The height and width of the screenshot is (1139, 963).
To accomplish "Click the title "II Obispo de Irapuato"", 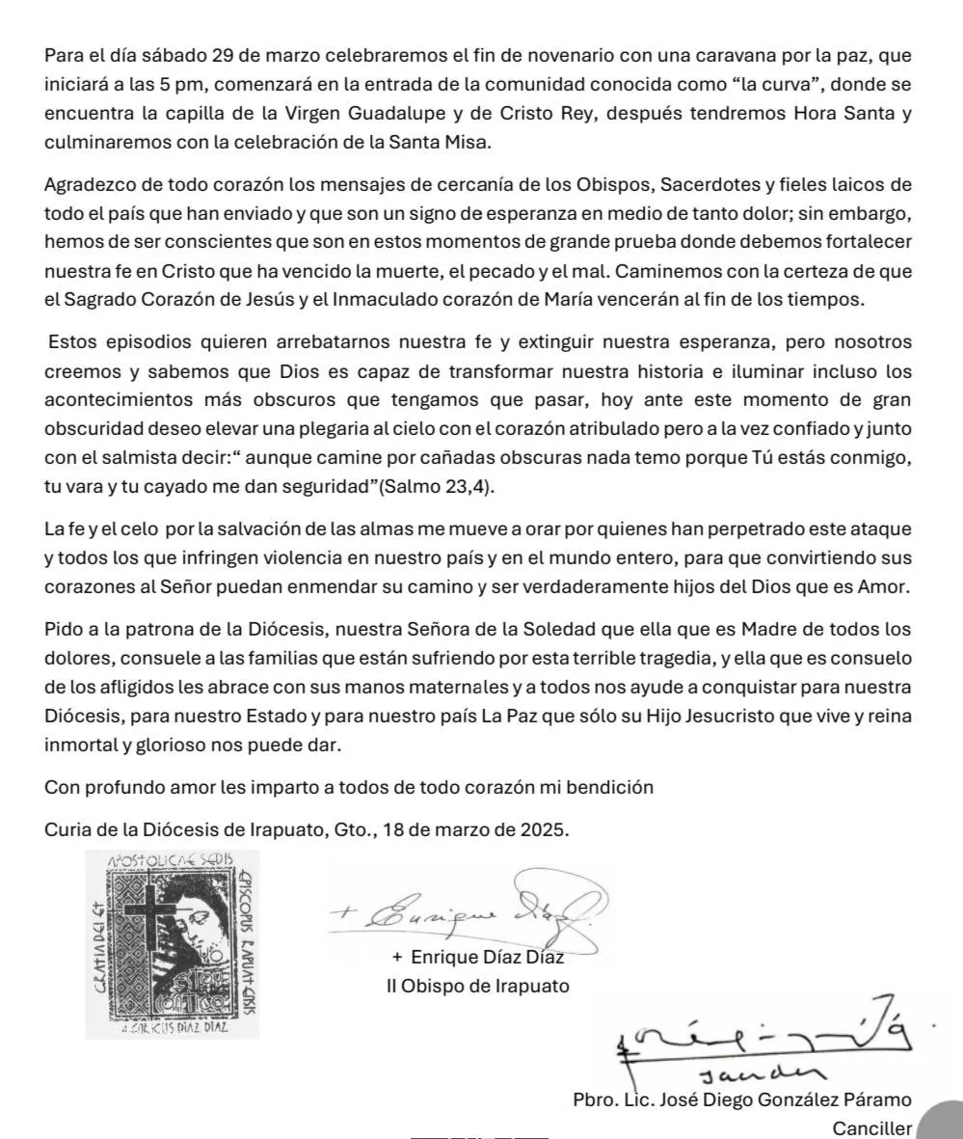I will (x=477, y=987).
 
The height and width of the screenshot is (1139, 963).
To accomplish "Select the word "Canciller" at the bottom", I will (x=871, y=1128).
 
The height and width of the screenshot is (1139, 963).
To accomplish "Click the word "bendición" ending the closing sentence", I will (x=609, y=787).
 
